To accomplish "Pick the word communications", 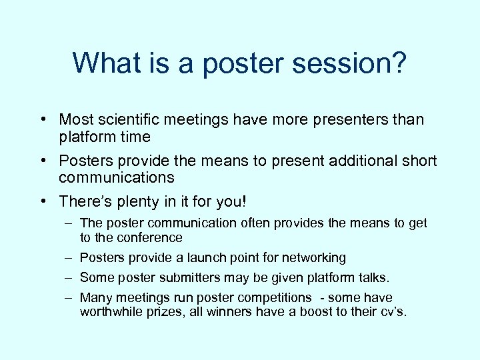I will [x=116, y=178].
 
